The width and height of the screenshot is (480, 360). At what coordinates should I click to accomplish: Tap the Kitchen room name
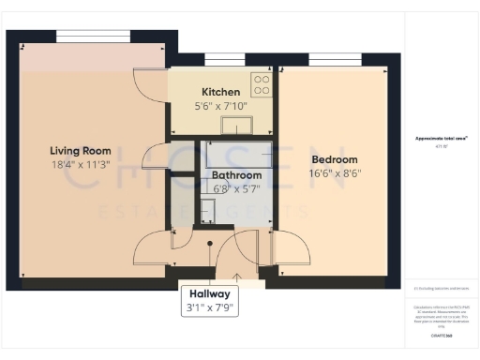[x=221, y=92]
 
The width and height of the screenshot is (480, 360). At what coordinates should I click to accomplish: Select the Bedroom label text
[x=336, y=159]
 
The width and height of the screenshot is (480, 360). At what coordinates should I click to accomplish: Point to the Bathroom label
[x=235, y=174]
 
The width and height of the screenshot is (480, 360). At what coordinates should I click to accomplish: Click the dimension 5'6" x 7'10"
[x=221, y=106]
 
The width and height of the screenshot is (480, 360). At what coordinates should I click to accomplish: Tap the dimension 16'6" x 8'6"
[x=336, y=173]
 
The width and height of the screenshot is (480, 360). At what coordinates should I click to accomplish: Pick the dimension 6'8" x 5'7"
[x=235, y=187]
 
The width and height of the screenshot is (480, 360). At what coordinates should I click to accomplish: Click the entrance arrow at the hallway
[x=236, y=277]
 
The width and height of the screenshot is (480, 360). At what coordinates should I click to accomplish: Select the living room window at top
[x=93, y=36]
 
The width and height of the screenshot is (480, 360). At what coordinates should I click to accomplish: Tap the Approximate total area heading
[x=442, y=139]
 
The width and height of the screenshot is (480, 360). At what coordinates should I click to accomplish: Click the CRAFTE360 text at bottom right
[x=442, y=335]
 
